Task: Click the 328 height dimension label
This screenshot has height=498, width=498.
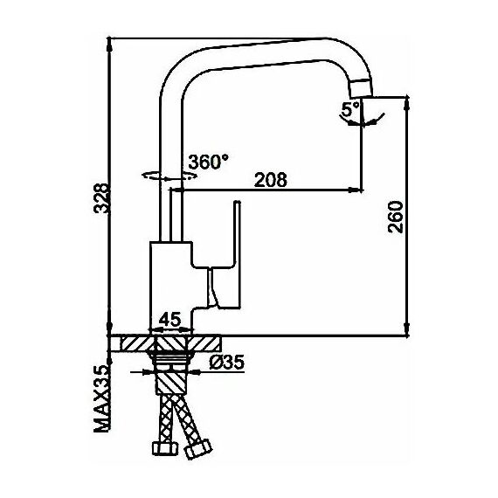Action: (x=102, y=197)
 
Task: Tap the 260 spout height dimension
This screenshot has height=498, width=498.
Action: (x=396, y=217)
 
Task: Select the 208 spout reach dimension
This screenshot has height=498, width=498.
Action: (x=270, y=180)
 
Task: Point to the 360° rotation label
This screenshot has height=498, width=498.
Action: (x=208, y=162)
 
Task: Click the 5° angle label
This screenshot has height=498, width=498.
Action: (x=349, y=109)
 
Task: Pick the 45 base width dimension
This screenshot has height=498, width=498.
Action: (x=169, y=320)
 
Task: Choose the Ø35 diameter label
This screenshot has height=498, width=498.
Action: (x=227, y=362)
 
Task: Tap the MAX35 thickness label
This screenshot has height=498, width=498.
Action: (x=102, y=399)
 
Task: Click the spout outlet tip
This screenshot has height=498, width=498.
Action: (x=361, y=89)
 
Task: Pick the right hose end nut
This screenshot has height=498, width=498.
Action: (x=198, y=448)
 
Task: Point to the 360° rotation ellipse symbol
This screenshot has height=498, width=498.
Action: (x=169, y=176)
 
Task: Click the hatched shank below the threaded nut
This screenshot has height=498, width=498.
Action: (x=171, y=383)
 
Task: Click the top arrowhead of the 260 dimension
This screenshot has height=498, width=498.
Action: (x=407, y=104)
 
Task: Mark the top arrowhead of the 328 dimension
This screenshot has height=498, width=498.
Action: (x=109, y=45)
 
